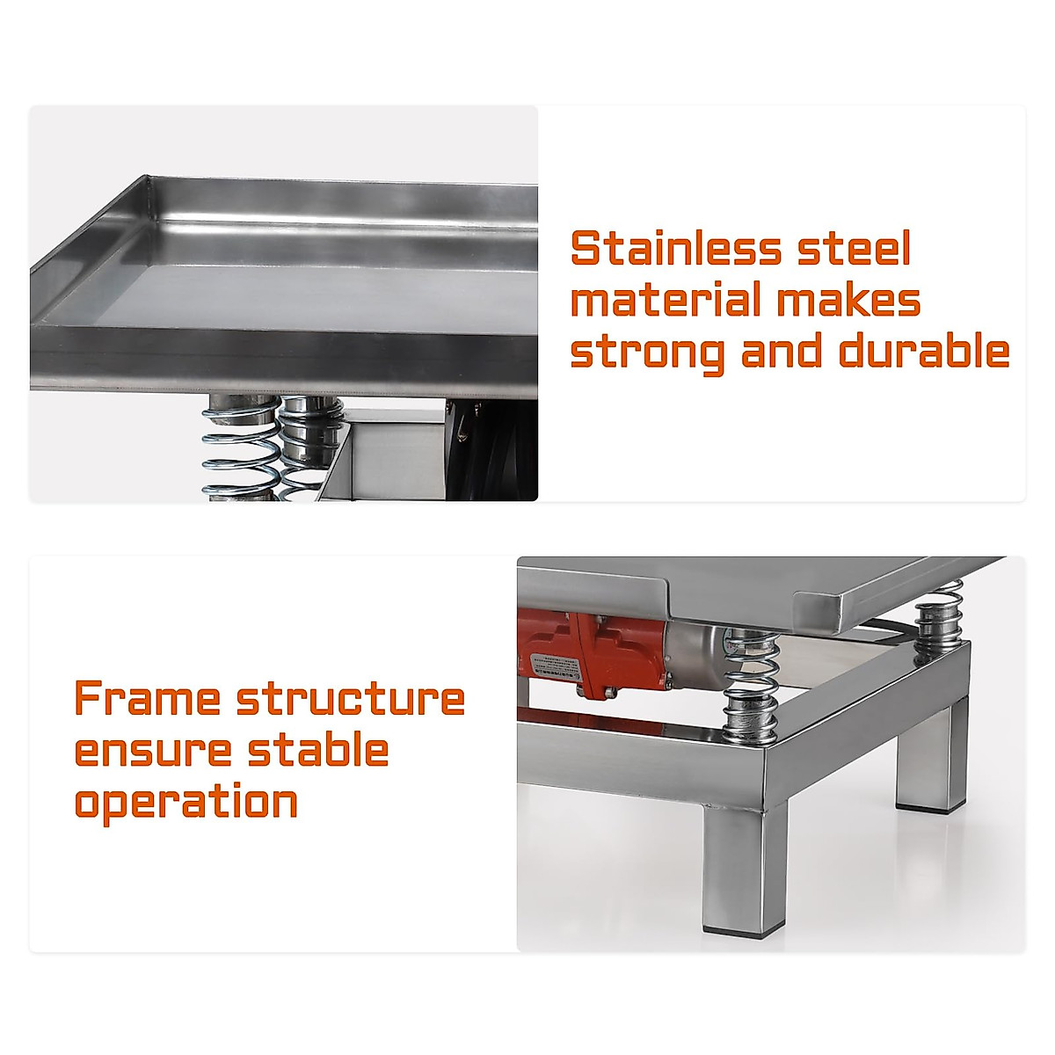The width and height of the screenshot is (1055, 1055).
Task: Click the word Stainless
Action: click(675, 249)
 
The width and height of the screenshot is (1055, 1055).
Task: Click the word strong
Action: click(648, 352)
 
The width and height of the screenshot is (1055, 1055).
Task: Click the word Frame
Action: click(147, 699)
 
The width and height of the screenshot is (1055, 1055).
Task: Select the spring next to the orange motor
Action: click(750, 681)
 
